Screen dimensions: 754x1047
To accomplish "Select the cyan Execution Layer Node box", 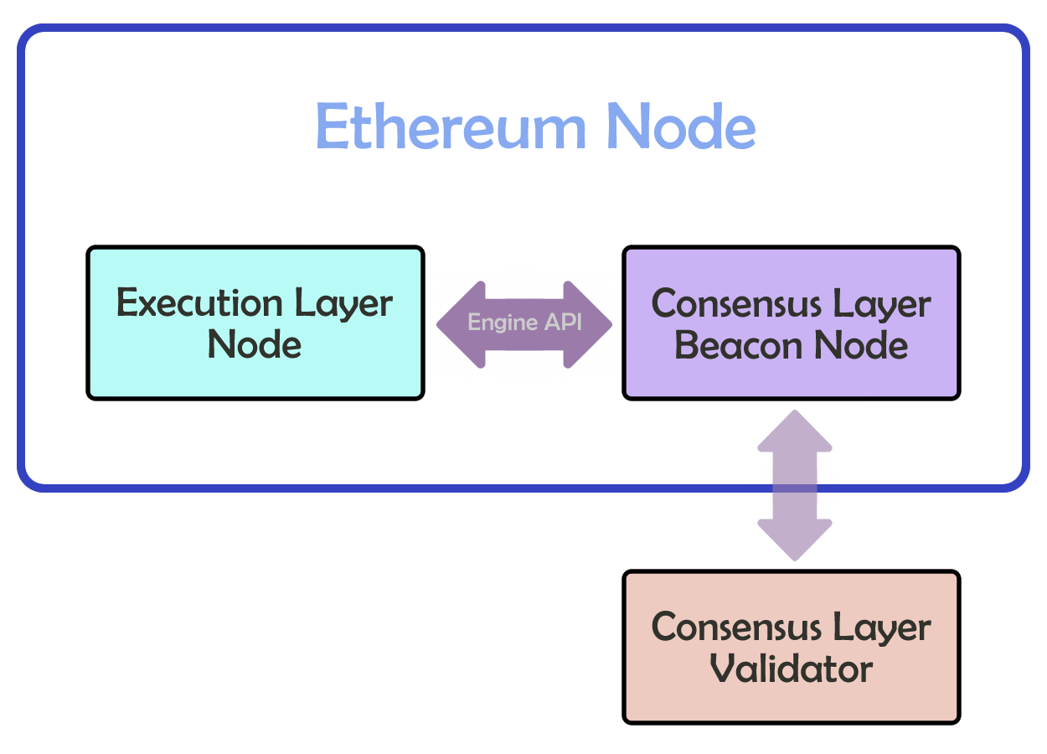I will (255, 323).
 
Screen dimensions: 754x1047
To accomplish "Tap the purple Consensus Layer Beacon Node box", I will (791, 323).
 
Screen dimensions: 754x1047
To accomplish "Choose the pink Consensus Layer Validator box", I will (791, 647).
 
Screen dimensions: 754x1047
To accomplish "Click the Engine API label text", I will (524, 323).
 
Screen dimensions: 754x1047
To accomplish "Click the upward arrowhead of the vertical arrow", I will (795, 431).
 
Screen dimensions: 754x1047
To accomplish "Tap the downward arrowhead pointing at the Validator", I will (795, 540).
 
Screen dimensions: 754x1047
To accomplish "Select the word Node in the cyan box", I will (255, 343).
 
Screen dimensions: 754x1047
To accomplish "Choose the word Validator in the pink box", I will (791, 669).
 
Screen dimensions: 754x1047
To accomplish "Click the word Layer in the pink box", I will (888, 628).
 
